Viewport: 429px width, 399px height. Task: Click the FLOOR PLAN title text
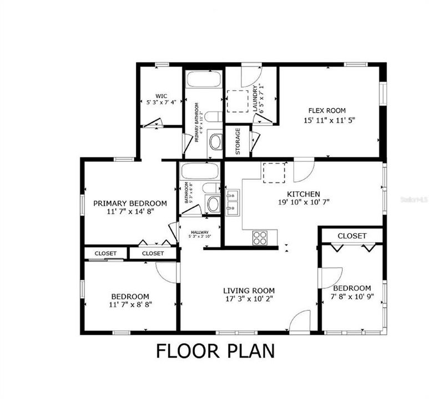(x=215, y=351)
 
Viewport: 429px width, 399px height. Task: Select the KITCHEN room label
(x=303, y=194)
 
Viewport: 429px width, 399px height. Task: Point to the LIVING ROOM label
(x=249, y=290)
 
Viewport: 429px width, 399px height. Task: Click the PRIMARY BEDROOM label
(x=130, y=203)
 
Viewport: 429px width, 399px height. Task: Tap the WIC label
(x=161, y=95)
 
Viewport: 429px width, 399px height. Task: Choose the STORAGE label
(x=238, y=141)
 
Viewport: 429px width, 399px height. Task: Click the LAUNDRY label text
(x=255, y=99)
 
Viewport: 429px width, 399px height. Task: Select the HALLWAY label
(x=200, y=232)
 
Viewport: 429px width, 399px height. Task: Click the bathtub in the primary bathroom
(x=204, y=79)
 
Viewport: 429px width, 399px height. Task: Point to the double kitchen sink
(x=233, y=202)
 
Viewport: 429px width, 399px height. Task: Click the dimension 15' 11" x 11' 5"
(x=329, y=119)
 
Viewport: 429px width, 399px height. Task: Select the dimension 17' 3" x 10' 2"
(x=249, y=299)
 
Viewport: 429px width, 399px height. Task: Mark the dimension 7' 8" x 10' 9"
(x=352, y=298)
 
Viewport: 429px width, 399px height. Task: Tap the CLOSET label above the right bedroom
(x=352, y=236)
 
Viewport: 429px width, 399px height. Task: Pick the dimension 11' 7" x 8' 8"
(x=130, y=304)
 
